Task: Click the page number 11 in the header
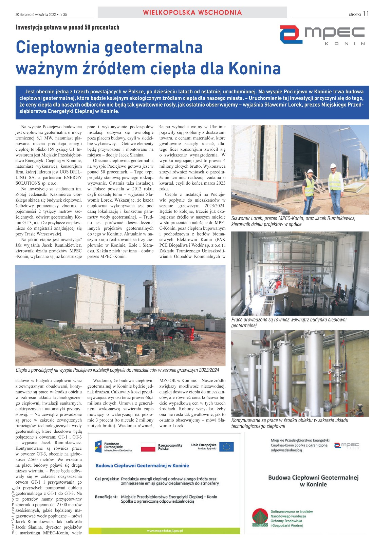pyautogui.click(x=366, y=14)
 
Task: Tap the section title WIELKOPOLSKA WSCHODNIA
pyautogui.click(x=192, y=13)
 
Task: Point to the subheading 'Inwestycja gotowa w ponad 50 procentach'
pyautogui.click(x=67, y=27)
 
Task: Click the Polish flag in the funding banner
pyautogui.click(x=148, y=447)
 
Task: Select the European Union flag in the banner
pyautogui.click(x=226, y=447)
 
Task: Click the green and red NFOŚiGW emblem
pyautogui.click(x=260, y=518)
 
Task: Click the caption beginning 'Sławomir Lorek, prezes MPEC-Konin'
pyautogui.click(x=293, y=221)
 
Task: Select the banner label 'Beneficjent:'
pyautogui.click(x=106, y=497)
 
